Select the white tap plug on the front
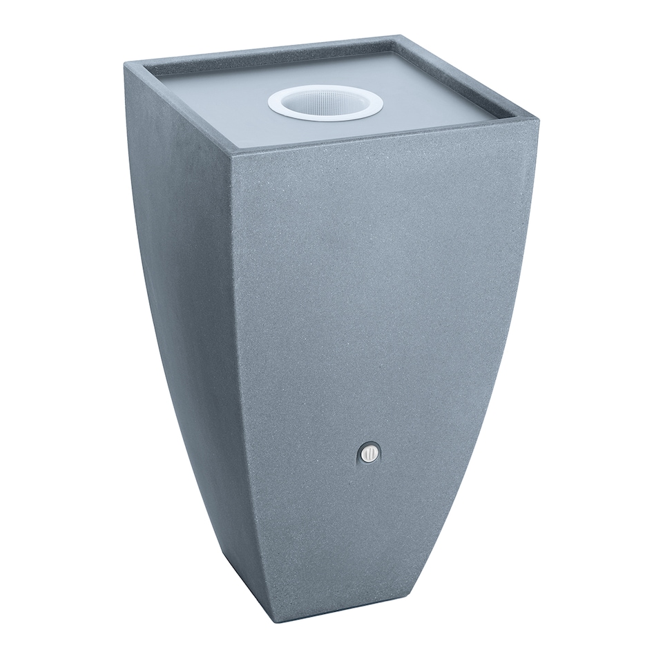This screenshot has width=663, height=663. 369,454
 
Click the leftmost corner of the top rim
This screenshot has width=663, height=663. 125,63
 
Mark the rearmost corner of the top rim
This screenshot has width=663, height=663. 399,36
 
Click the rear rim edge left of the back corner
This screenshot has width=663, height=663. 262,50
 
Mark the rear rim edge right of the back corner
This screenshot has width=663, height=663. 470,78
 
